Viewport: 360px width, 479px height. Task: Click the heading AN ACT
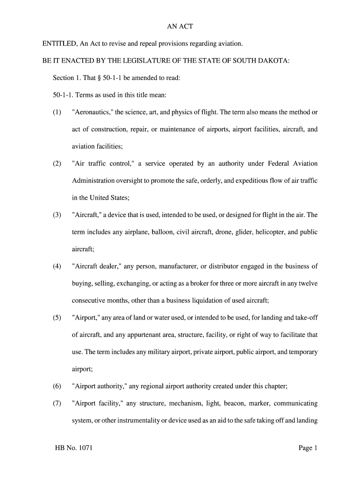click(x=180, y=27)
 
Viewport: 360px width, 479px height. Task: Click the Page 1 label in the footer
click(x=308, y=448)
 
